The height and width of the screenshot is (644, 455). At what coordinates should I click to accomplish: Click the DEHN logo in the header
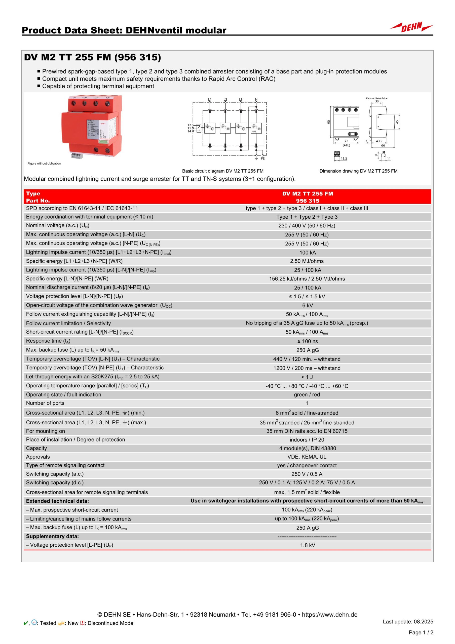point(411,27)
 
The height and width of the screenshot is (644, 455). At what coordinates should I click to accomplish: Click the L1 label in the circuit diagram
point(210,100)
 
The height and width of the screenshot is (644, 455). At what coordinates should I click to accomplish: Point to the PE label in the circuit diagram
point(262,158)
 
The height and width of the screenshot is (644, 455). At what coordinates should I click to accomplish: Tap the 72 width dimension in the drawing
point(346,141)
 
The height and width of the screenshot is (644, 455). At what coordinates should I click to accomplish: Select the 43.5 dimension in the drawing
point(379,141)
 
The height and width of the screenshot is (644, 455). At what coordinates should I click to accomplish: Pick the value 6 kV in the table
point(308,305)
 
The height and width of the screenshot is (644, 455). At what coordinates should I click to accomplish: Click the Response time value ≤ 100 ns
point(308,341)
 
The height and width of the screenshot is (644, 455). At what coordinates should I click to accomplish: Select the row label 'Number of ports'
point(45,403)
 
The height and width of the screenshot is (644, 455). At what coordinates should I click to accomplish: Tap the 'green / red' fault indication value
point(307,395)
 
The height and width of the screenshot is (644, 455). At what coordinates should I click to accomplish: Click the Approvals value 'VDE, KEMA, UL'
point(307,457)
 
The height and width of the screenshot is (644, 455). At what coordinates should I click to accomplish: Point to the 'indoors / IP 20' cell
point(307,439)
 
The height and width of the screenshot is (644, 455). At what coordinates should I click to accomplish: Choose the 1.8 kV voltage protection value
point(308,545)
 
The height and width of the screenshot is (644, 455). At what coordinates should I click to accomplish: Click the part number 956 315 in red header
point(308,201)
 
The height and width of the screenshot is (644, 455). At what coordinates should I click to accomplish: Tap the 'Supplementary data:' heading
point(52,536)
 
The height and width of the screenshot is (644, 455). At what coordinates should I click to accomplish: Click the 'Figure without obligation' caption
point(44,164)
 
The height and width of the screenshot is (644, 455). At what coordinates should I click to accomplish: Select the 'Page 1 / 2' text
point(421,632)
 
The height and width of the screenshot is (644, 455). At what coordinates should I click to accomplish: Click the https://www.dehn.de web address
point(330,615)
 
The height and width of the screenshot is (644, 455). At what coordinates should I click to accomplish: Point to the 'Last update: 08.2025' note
point(408,622)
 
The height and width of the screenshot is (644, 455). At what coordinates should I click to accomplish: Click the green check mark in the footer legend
point(25,623)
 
